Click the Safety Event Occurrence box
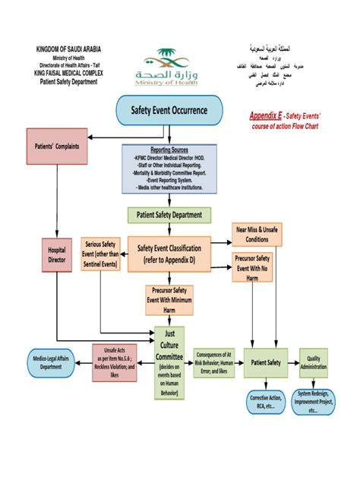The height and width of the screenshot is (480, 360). tap(169, 111)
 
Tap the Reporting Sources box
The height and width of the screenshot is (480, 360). tap(169, 167)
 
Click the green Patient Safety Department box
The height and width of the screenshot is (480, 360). tap(169, 215)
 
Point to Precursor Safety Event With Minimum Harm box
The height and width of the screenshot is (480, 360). tap(169, 299)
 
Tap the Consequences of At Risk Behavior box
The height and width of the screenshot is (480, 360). tap(213, 362)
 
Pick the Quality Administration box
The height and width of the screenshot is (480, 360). tap(314, 362)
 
